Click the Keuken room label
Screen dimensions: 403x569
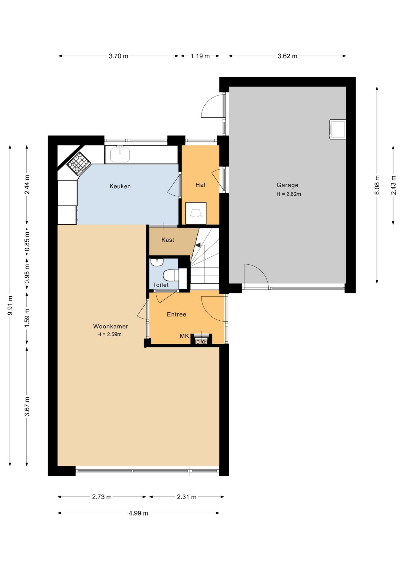(120, 186)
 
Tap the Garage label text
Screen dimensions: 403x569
(287, 185)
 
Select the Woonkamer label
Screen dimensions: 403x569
(111, 327)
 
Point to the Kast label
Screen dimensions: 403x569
(168, 240)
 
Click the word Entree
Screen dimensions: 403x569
(177, 314)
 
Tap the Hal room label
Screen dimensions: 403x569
(200, 185)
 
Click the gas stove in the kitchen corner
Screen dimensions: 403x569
(79, 163)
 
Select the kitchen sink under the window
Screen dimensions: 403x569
(120, 154)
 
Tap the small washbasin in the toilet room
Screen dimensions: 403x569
(157, 262)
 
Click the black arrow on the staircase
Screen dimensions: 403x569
(198, 245)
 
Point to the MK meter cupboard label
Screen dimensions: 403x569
(184, 336)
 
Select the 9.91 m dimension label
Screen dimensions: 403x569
(10, 306)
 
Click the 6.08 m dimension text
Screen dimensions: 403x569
(377, 185)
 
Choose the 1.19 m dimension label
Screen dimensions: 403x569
(200, 56)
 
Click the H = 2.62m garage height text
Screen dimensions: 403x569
(289, 194)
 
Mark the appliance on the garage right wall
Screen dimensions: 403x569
(338, 129)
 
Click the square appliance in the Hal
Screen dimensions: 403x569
(196, 213)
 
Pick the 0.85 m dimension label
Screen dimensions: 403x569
(27, 245)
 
